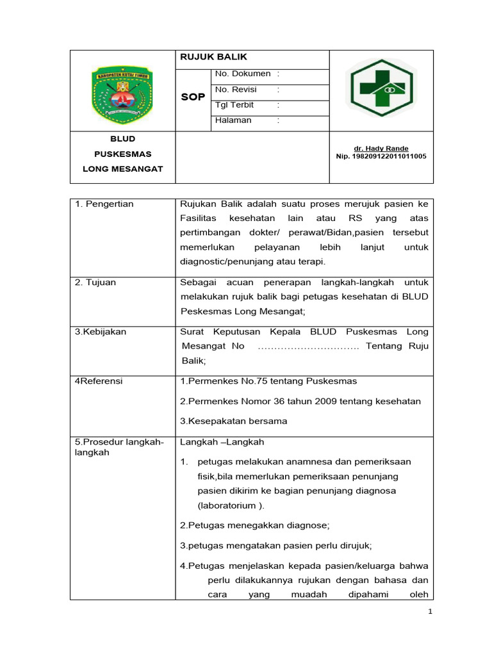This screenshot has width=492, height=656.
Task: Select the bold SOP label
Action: [x=193, y=97]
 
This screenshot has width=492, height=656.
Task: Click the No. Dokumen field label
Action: [x=243, y=74]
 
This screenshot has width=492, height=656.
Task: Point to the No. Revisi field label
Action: [x=236, y=90]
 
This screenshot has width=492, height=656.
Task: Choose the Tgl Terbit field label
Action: [x=234, y=105]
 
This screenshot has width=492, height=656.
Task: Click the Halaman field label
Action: [x=233, y=120]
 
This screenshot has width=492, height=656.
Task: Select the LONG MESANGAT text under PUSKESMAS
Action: [x=123, y=169]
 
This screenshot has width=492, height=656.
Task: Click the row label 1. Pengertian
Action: [x=104, y=204]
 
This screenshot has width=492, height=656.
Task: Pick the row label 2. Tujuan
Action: [x=95, y=283]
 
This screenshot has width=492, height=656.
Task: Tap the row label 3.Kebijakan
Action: [x=101, y=332]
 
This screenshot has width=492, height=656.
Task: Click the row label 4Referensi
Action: [x=99, y=381]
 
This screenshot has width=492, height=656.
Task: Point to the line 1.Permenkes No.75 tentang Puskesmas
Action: [x=268, y=381]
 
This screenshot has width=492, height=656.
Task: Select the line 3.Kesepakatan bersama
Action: [x=234, y=422]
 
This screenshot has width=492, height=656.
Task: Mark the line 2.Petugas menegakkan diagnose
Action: [x=255, y=525]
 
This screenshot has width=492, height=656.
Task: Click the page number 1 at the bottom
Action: [x=431, y=612]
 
